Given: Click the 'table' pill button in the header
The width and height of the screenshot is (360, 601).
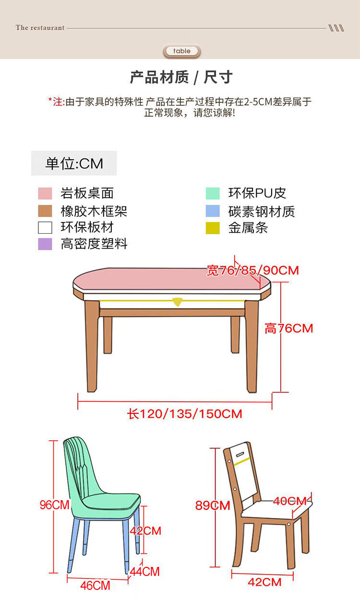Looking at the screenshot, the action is (182, 51).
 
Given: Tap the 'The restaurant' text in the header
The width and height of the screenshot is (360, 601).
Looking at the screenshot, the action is (40, 28).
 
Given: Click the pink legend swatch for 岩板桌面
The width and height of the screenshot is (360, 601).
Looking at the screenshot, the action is (45, 193).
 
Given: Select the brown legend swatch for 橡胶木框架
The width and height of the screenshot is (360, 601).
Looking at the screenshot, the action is (45, 211).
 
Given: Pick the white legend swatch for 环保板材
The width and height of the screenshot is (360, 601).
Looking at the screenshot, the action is (45, 228).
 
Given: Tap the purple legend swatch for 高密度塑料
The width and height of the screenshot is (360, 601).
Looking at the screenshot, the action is (45, 244).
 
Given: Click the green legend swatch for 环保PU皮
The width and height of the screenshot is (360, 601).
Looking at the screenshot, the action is (213, 193).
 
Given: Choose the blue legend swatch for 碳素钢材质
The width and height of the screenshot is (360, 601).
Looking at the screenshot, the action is (213, 211).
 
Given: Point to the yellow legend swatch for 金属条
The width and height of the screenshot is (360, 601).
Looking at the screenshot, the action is (213, 228).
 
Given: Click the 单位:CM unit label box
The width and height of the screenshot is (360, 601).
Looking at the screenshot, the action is (74, 163).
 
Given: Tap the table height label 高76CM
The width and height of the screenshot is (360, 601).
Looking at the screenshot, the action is (289, 328).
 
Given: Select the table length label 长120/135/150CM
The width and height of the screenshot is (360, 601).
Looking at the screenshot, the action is (185, 414).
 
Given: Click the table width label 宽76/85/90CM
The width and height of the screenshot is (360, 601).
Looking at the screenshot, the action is (252, 270).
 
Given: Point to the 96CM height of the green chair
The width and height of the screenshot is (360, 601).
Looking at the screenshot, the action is (55, 505).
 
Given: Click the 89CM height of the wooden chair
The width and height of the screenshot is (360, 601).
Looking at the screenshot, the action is (213, 505).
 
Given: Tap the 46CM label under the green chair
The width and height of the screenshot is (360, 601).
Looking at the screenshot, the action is (95, 586).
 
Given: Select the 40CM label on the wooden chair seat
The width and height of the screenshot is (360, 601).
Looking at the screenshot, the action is (290, 501).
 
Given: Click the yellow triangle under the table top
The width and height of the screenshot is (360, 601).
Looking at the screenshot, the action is (177, 301).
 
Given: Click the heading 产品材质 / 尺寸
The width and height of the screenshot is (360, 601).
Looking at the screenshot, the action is (181, 77).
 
